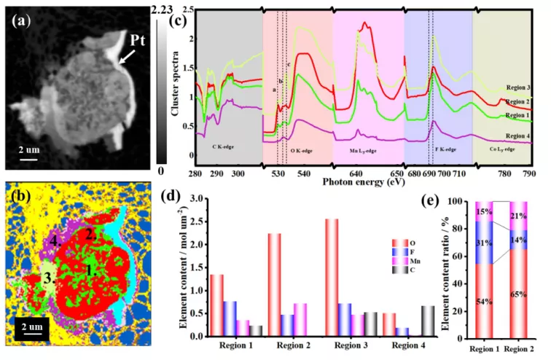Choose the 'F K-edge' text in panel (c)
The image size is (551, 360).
(x=446, y=149)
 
